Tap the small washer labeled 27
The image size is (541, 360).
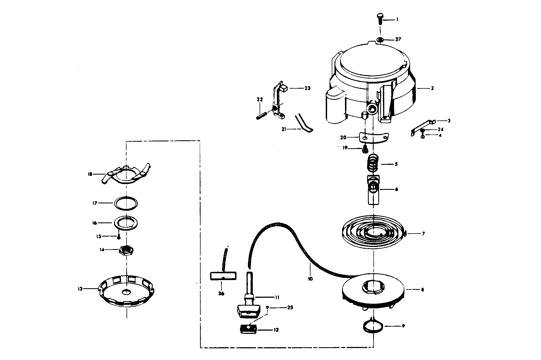[x=380, y=40]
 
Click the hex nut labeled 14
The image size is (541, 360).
[x=126, y=250]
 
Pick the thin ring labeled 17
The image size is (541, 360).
[x=126, y=203]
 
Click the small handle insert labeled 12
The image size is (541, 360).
[x=248, y=330]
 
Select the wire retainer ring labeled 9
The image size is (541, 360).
[x=373, y=326]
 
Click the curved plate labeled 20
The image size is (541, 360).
[x=374, y=138]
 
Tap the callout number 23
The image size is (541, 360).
[x=307, y=88]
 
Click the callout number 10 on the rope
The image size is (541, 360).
[x=311, y=279]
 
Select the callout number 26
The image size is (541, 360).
[x=221, y=294]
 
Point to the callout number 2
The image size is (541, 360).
[x=432, y=88]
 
